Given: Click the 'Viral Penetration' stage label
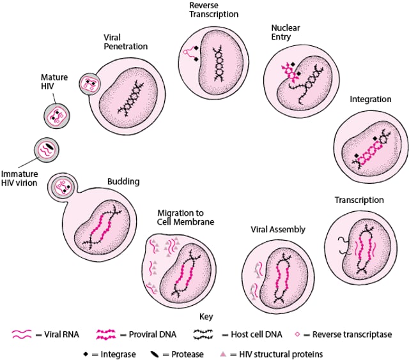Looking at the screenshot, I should point(125,42).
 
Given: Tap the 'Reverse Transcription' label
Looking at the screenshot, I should point(213,9).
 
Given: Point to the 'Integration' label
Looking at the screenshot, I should point(370,100).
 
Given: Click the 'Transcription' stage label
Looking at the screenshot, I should point(359,200).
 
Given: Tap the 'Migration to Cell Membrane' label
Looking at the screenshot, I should point(185,217).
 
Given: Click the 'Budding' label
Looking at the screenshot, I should point(123,182).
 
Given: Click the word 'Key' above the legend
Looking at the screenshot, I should point(205,317).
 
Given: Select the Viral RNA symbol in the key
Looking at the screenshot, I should point(22,334).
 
